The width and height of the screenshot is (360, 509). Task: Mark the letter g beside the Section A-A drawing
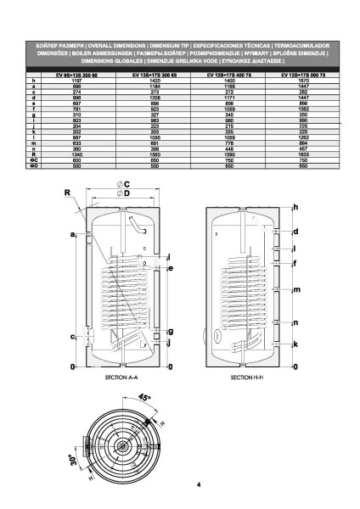[x=171, y=330]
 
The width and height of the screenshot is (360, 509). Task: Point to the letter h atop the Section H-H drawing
[x=295, y=207]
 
